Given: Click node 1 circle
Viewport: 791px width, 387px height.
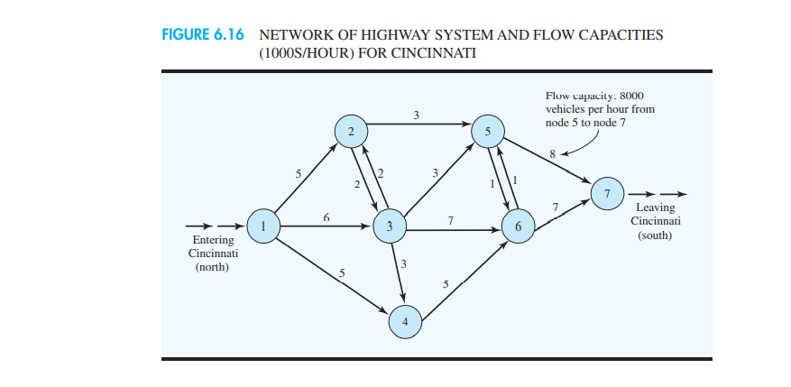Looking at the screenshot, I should click(262, 226).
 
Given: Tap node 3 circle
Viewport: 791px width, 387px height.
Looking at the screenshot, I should click(389, 226).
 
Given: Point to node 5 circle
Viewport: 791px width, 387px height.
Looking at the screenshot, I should click(488, 133).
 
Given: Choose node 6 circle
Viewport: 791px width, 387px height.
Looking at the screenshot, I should click(517, 227).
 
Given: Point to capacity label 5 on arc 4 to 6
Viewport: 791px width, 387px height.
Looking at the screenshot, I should click(446, 285).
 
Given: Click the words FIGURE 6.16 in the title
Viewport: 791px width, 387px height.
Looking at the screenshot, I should click(206, 35).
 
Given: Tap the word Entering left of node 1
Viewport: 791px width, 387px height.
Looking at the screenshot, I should click(213, 241).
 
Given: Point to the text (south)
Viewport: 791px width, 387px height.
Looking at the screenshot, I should click(655, 235).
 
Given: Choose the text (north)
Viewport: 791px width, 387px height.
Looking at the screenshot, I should click(213, 268).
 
